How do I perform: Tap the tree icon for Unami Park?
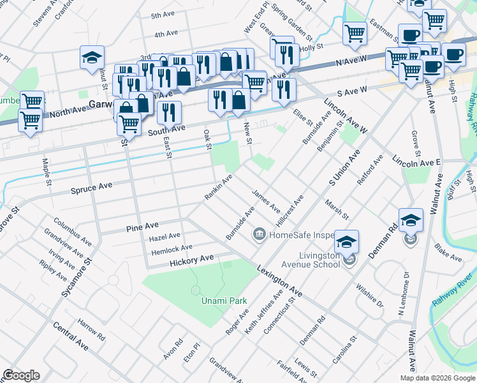pyautogui.click(x=195, y=290)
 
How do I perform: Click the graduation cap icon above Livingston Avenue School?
pyautogui.click(x=347, y=242)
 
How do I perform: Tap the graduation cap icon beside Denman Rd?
pyautogui.click(x=411, y=220)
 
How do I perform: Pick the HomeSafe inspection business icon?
pyautogui.click(x=260, y=234)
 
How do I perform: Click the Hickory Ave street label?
pyautogui.click(x=191, y=260)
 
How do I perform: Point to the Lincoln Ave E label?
pyautogui.click(x=417, y=160)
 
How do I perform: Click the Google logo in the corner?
pyautogui.click(x=21, y=375)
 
